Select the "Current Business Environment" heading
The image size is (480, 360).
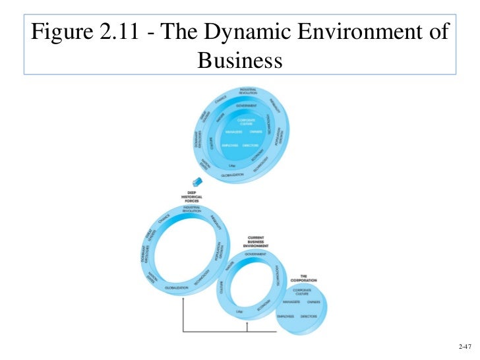pyautogui.click(x=256, y=241)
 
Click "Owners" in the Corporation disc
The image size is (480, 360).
pyautogui.click(x=314, y=302)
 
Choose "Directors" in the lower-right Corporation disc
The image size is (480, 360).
pyautogui.click(x=309, y=316)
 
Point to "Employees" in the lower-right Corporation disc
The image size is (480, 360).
pyautogui.click(x=285, y=316)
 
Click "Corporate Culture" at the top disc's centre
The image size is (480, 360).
pyautogui.click(x=247, y=122)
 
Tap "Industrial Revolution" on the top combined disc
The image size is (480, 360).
pyautogui.click(x=248, y=92)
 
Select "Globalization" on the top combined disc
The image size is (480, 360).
pyautogui.click(x=227, y=175)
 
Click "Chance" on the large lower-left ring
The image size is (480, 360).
pyautogui.click(x=164, y=217)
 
